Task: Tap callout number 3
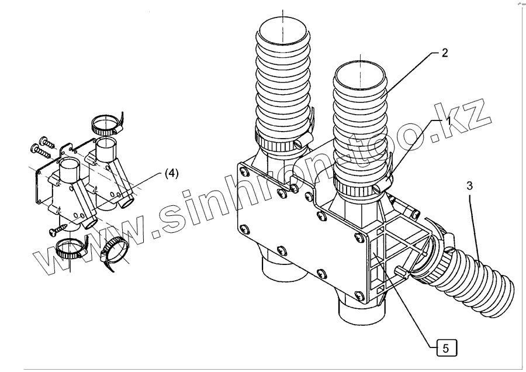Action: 470,186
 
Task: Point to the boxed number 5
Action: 446,349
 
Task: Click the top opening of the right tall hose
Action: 360,74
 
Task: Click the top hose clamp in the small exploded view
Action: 105,124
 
